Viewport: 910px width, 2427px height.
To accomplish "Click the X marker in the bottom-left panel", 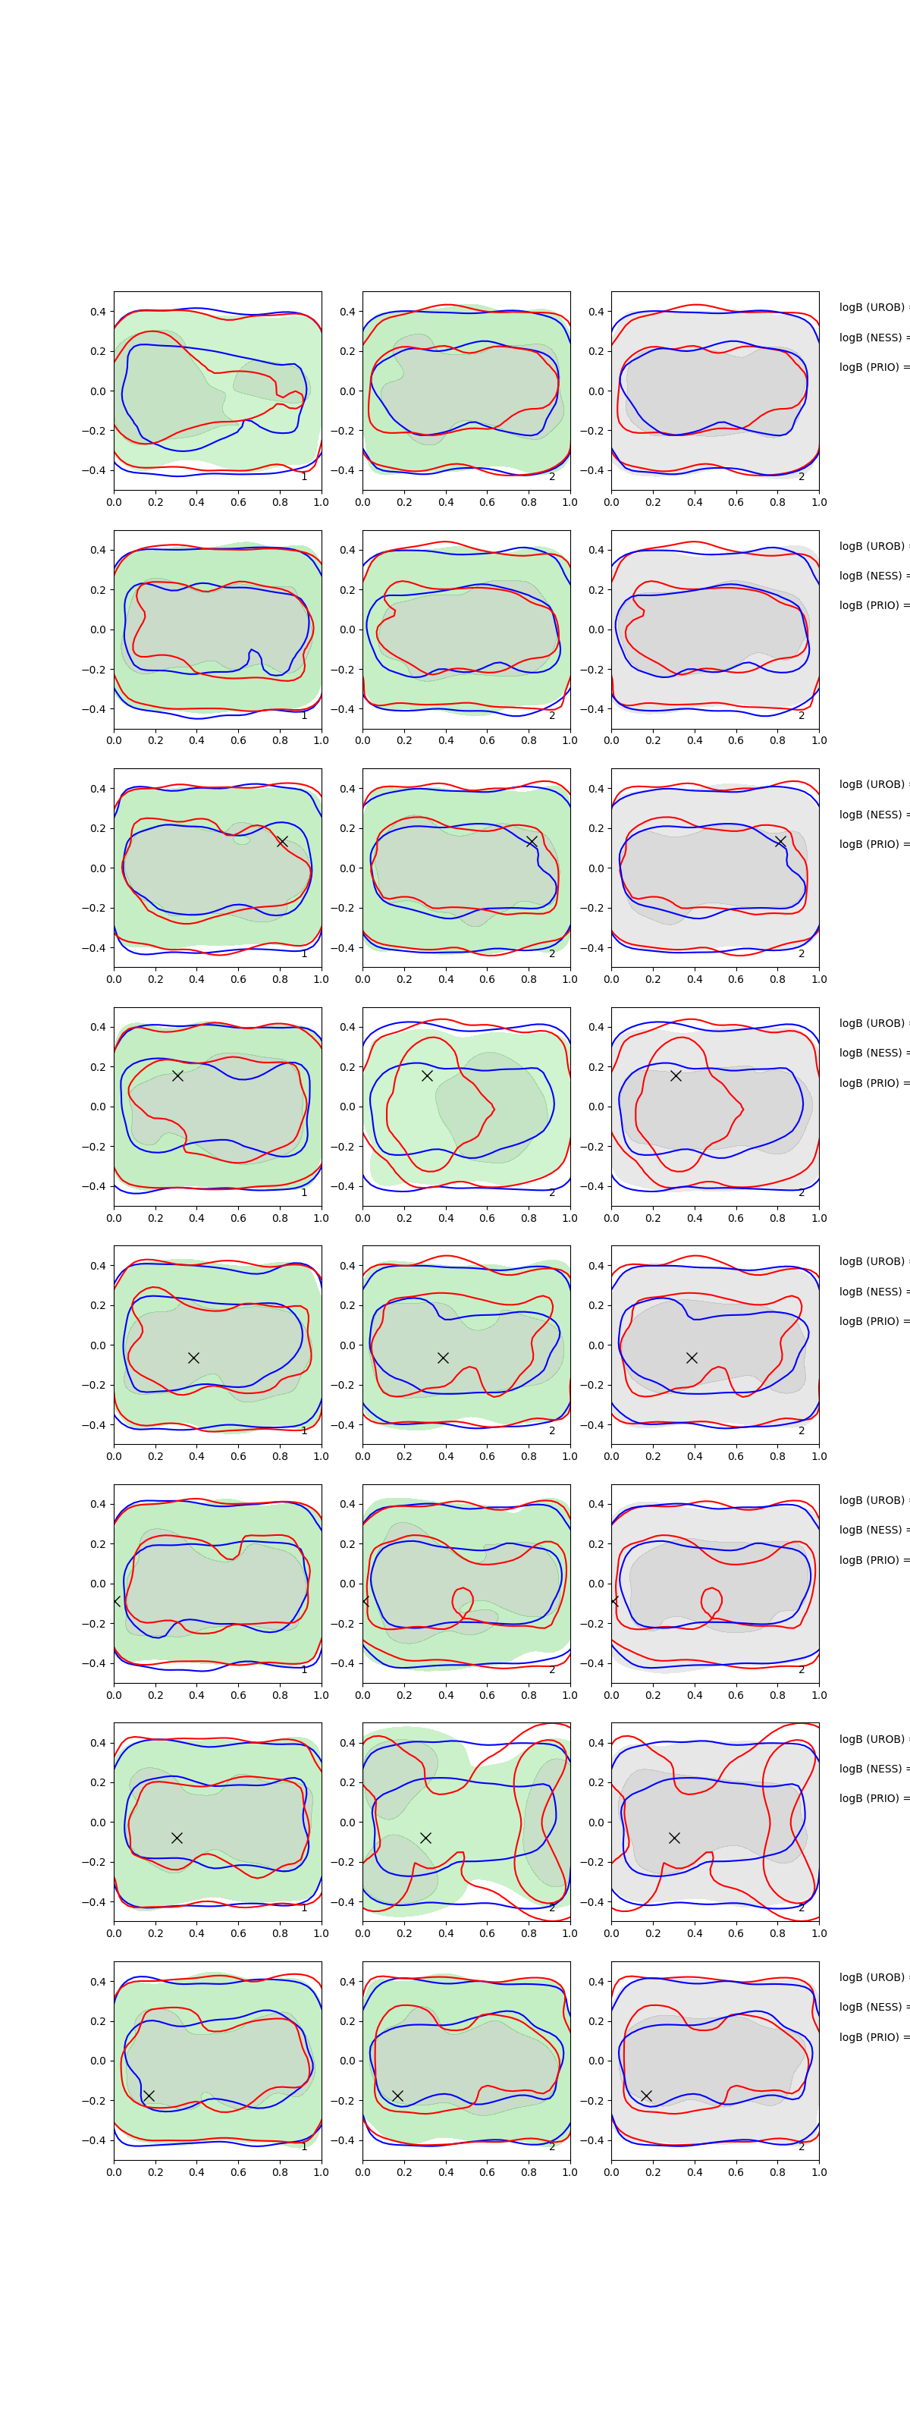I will (149, 2096).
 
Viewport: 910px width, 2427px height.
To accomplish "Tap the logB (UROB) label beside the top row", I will (872, 307).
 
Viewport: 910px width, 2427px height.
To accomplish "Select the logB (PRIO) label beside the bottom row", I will (872, 2037).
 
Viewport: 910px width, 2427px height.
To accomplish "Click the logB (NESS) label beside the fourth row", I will (872, 1053).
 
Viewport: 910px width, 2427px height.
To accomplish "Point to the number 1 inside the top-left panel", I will (303, 477).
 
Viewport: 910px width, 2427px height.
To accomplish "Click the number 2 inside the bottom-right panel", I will (802, 2146).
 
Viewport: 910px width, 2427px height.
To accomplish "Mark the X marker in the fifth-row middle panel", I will (443, 1358).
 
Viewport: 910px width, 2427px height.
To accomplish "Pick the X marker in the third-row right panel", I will (780, 841).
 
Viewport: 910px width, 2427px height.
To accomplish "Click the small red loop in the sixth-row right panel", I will (711, 1600).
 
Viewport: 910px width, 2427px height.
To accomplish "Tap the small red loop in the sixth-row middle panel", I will (463, 1600).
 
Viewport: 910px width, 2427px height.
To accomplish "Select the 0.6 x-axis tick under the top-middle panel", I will (487, 502).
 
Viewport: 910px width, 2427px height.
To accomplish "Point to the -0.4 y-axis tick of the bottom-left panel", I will (98, 2140).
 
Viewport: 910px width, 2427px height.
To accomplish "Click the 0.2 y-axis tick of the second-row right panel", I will (595, 590).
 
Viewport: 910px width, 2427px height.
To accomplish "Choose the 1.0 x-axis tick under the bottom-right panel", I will (819, 2171).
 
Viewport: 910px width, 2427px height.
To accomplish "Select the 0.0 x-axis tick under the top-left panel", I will (114, 502).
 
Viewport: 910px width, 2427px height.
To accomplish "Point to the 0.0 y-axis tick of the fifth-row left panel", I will (98, 1345).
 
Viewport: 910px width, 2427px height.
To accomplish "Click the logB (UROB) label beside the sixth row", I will (872, 1500).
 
